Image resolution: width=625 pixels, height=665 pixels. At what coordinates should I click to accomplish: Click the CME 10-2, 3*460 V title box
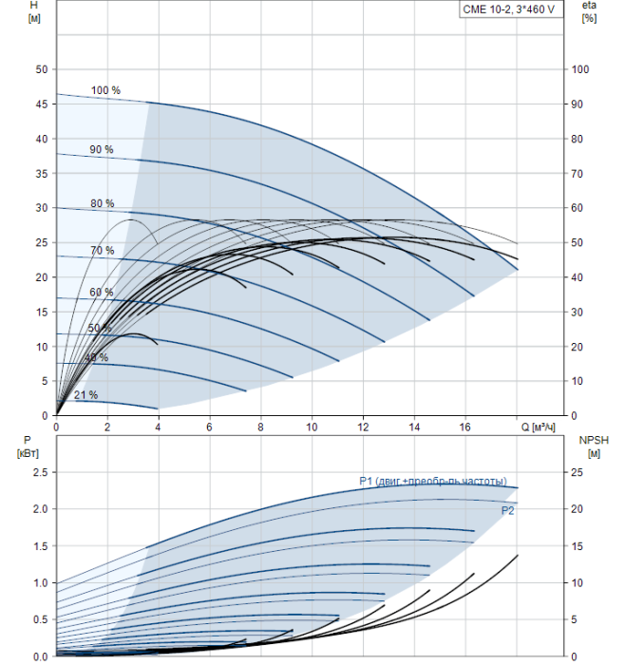(511, 9)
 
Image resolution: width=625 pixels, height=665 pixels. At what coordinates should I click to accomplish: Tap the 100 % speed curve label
(105, 90)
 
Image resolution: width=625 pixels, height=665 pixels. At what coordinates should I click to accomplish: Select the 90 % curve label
(102, 149)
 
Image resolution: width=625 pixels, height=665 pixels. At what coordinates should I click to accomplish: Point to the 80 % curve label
(103, 203)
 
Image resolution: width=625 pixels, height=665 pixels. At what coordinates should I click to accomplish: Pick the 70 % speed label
(103, 251)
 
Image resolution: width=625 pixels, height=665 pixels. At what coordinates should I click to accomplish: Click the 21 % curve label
(86, 395)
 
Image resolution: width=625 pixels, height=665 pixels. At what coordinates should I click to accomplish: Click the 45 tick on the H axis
(42, 104)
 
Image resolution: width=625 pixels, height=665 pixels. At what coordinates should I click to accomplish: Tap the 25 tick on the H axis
(42, 242)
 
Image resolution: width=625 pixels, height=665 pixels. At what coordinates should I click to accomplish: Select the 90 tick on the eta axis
(577, 104)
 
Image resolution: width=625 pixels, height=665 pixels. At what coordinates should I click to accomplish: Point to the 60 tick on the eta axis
(577, 208)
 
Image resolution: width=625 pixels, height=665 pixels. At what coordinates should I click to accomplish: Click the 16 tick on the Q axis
(465, 427)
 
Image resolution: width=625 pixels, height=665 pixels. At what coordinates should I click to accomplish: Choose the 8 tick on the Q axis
(260, 427)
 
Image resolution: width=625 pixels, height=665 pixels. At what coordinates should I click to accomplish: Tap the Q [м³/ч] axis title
(538, 427)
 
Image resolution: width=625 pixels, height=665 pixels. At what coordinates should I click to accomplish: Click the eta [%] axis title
(589, 11)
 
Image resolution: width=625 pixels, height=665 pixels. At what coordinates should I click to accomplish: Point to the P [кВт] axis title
(28, 446)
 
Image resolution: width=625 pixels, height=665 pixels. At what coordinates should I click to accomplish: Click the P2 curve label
(507, 511)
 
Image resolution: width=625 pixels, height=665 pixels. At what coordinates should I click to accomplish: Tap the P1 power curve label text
(433, 482)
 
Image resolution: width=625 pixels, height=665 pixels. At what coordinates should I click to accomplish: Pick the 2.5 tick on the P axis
(41, 472)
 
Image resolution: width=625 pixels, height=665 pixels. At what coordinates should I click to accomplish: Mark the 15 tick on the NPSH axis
(577, 546)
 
